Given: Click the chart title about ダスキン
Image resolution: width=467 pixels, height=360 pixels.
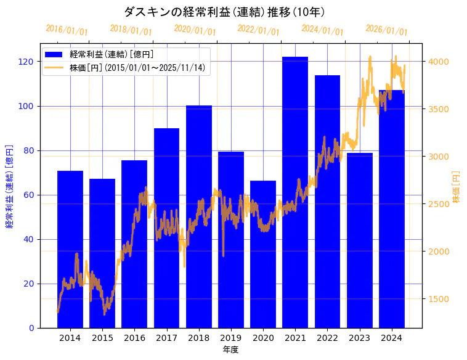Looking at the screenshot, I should point(224,12).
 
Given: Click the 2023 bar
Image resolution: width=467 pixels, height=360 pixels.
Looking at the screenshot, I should point(360,240).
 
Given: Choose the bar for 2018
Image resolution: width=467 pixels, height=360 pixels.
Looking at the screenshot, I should point(199,216).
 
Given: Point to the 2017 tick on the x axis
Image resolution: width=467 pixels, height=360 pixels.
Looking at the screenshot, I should point(166,338).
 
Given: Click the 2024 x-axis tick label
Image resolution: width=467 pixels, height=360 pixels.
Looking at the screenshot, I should point(392,338).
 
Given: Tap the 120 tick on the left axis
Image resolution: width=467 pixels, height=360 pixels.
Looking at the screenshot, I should point(26,62).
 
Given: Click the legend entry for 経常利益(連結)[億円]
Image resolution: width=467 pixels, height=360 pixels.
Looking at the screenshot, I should point(112,55).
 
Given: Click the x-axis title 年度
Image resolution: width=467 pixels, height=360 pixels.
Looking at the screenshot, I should point(230,350).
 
